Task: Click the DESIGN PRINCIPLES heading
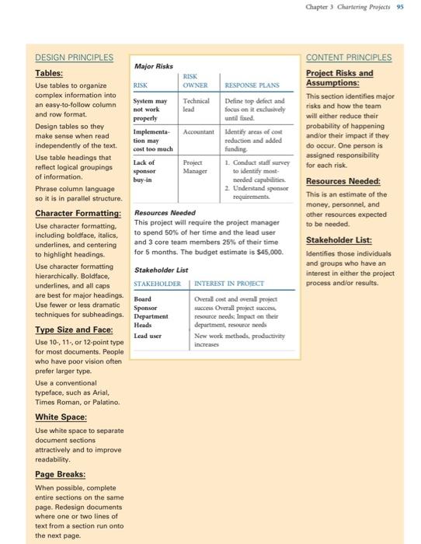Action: coord(74,58)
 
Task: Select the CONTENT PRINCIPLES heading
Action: coord(349,58)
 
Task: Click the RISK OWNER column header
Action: coord(190,82)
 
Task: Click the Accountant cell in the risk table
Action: coord(197,132)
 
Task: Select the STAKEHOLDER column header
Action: coord(157,284)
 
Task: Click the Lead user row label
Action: coord(147,337)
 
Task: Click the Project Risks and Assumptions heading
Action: coord(339,78)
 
